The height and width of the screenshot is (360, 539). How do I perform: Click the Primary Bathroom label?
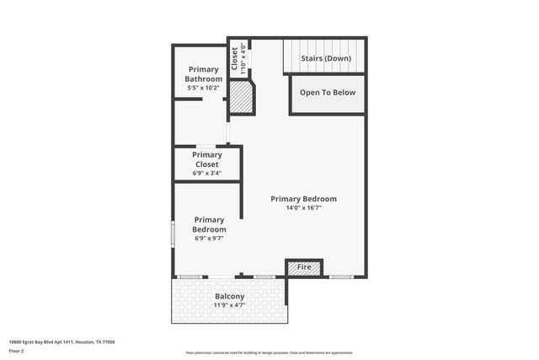(x=204, y=74)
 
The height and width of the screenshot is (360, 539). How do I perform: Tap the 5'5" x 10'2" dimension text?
(x=203, y=87)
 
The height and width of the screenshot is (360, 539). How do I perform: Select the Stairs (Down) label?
(x=326, y=58)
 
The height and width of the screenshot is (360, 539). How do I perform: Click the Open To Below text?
(x=328, y=93)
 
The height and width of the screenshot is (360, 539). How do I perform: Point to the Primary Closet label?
(x=207, y=159)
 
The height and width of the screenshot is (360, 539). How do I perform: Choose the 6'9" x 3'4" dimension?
(x=207, y=173)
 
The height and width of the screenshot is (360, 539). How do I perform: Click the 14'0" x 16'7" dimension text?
(x=303, y=207)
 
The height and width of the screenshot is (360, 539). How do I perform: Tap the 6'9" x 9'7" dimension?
(x=209, y=238)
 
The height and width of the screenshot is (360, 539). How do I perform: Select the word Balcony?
(x=229, y=297)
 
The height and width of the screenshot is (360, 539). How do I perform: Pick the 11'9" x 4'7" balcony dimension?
(x=229, y=305)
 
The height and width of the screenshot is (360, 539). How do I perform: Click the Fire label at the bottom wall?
(x=305, y=267)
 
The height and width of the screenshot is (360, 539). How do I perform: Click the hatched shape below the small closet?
(x=242, y=99)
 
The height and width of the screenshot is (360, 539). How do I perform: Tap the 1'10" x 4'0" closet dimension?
(x=243, y=59)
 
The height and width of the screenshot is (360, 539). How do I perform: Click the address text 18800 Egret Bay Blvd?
(x=61, y=341)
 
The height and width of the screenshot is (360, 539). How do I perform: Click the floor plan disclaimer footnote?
(x=269, y=352)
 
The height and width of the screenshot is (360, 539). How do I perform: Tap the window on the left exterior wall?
(x=173, y=234)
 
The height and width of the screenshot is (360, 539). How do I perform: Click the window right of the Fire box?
(x=340, y=277)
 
